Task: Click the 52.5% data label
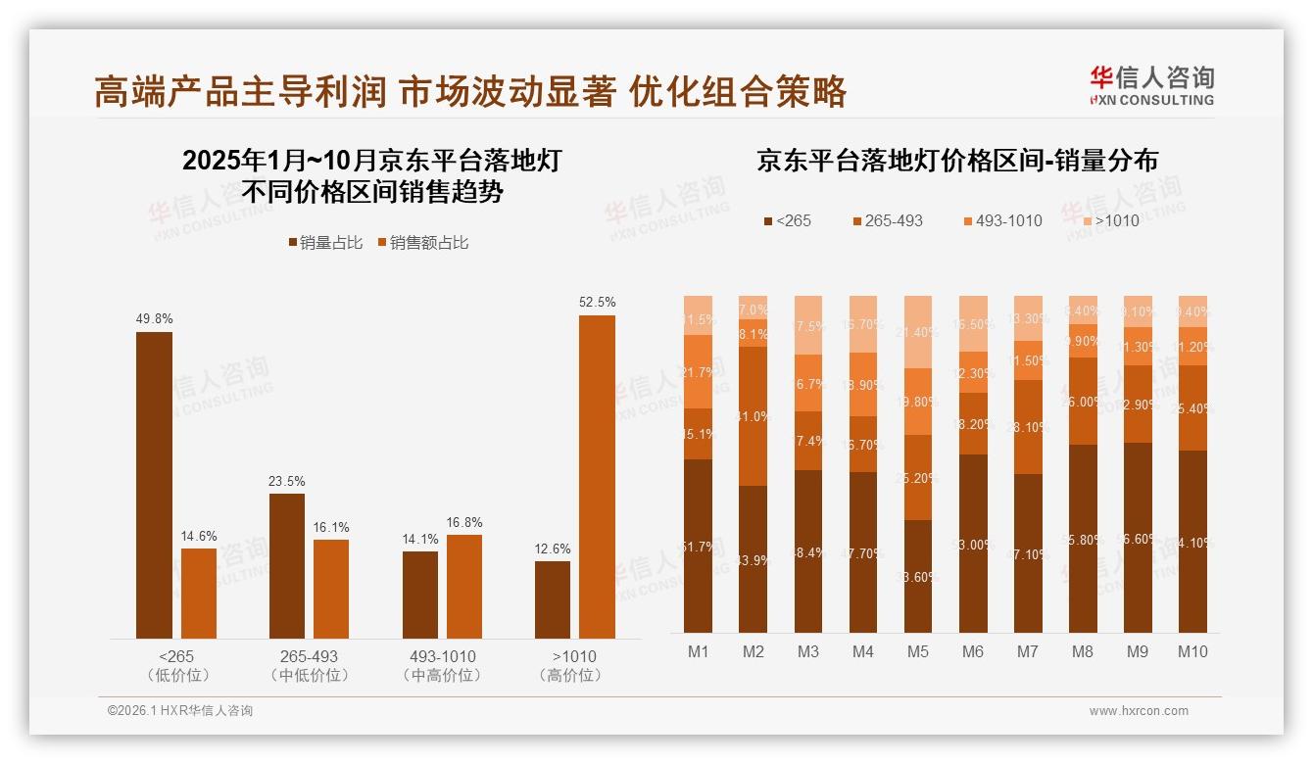pyautogui.click(x=597, y=303)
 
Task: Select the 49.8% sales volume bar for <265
pyautogui.click(x=154, y=485)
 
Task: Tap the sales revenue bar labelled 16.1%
pyautogui.click(x=331, y=589)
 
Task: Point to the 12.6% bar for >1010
pyautogui.click(x=553, y=599)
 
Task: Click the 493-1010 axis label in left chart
pyautogui.click(x=442, y=656)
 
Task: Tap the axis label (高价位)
pyautogui.click(x=574, y=675)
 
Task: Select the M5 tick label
pyautogui.click(x=917, y=651)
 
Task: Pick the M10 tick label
pyautogui.click(x=1192, y=651)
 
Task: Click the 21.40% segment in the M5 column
pyautogui.click(x=918, y=332)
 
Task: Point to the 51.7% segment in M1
pyautogui.click(x=699, y=546)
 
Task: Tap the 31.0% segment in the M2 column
pyautogui.click(x=754, y=416)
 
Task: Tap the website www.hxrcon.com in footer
pyautogui.click(x=1139, y=711)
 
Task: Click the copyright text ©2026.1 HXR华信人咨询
pyautogui.click(x=179, y=711)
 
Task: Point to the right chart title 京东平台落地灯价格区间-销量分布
pyautogui.click(x=956, y=161)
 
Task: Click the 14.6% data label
pyautogui.click(x=199, y=536)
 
